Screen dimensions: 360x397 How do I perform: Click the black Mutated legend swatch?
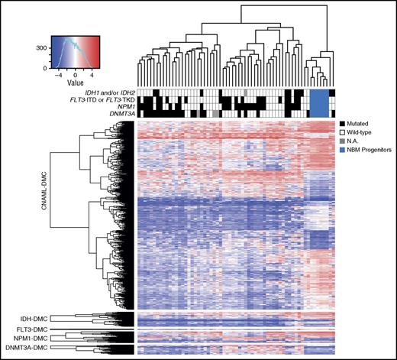[341, 123]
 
